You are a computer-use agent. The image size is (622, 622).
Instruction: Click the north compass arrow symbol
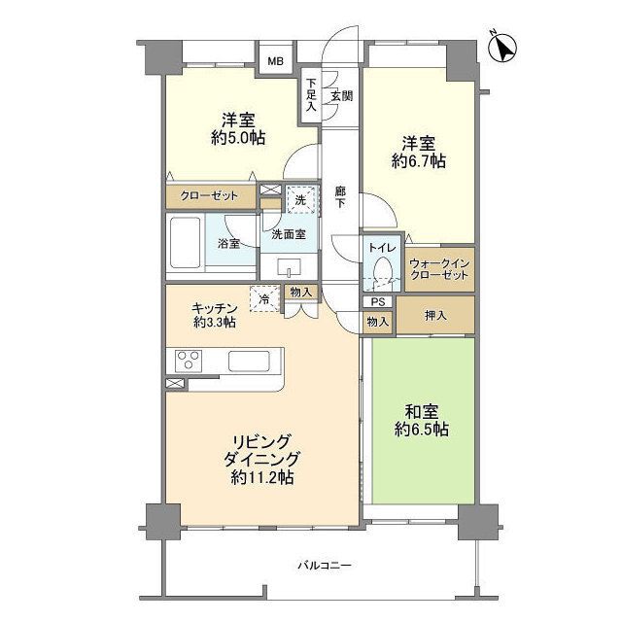tap(504, 45)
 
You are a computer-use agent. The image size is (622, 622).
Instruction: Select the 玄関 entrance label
tap(340, 95)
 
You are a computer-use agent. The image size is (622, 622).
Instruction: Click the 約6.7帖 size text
tap(419, 161)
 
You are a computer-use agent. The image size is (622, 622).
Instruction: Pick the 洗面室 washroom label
tap(289, 234)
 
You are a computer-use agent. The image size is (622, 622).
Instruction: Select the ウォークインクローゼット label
tap(439, 269)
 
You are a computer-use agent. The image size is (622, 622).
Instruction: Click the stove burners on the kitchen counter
tap(189, 361)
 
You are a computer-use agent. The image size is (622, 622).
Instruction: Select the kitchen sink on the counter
tap(249, 361)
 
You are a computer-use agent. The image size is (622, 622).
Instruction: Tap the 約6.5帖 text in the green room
tap(421, 429)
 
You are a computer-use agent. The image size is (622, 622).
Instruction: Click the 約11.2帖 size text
tap(262, 477)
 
